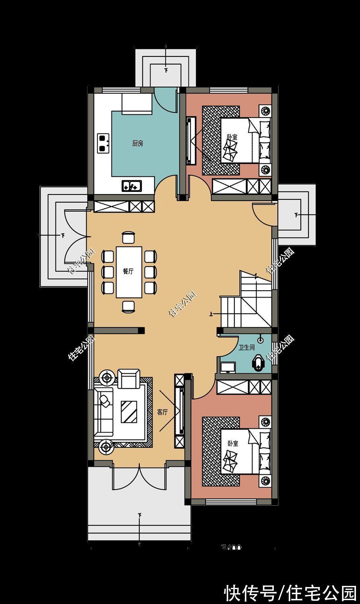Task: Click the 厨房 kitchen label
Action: click(138, 143)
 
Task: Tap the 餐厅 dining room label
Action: click(128, 271)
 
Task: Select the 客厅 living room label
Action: click(162, 412)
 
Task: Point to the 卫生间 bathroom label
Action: click(246, 347)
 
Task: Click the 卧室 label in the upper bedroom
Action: click(232, 137)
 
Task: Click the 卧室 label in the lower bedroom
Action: click(233, 443)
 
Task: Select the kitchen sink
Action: click(132, 186)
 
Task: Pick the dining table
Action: click(129, 272)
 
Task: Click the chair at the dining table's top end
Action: click(128, 238)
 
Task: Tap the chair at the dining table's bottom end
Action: click(128, 306)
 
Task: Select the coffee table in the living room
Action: click(129, 411)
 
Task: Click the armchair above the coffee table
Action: click(129, 379)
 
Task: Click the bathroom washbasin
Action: click(228, 368)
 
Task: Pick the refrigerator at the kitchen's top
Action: click(137, 104)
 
